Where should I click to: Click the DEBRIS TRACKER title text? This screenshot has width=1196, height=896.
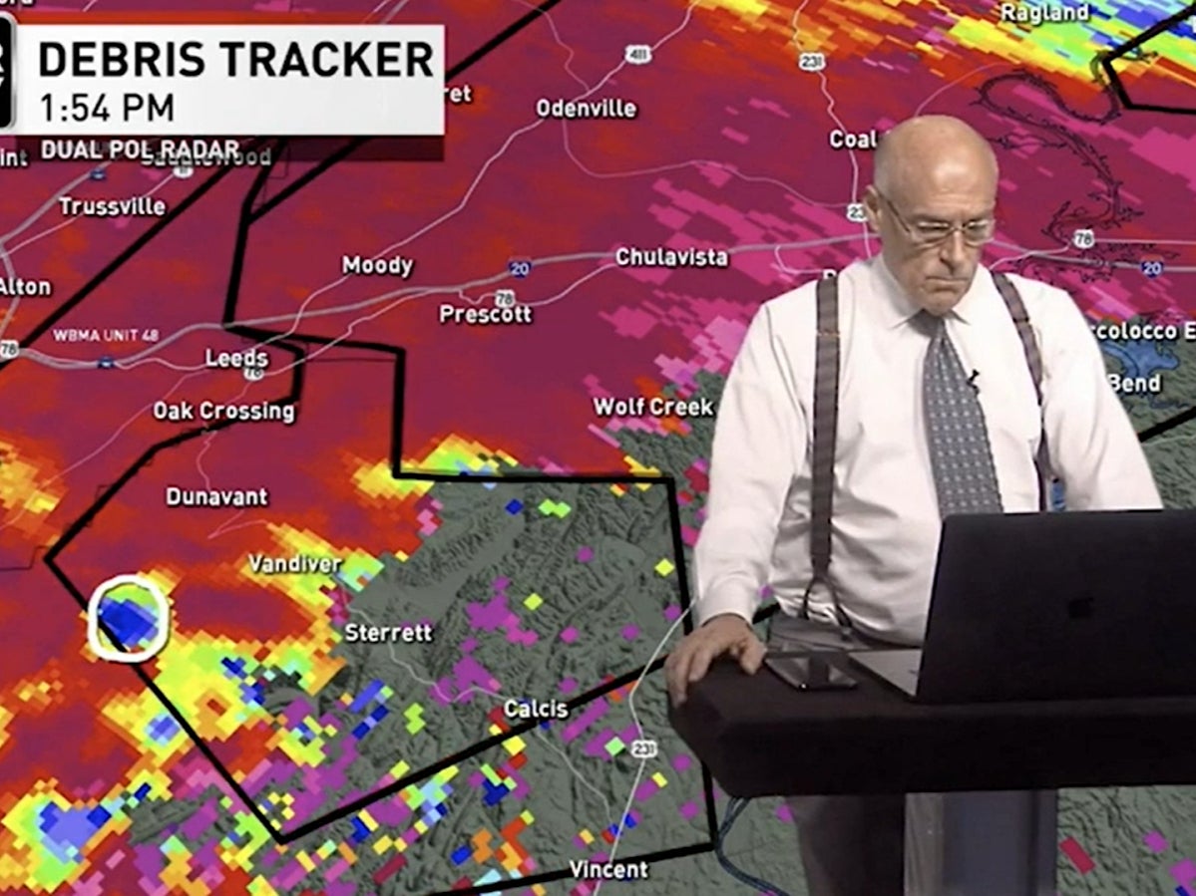pyautogui.click(x=235, y=60)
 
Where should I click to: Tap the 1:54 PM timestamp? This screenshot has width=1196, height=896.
pyautogui.click(x=107, y=107)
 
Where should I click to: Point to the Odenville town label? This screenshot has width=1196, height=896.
pyautogui.click(x=586, y=109)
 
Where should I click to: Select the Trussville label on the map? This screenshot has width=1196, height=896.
pyautogui.click(x=112, y=206)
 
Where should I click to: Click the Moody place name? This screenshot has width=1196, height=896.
pyautogui.click(x=377, y=265)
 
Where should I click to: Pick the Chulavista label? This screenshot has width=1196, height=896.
pyautogui.click(x=671, y=257)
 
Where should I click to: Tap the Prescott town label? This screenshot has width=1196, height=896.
pyautogui.click(x=486, y=314)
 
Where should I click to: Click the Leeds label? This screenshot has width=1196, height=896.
pyautogui.click(x=236, y=358)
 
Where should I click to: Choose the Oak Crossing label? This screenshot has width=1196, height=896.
pyautogui.click(x=223, y=411)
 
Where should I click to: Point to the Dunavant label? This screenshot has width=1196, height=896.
pyautogui.click(x=216, y=495)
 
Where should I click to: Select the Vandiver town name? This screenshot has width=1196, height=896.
pyautogui.click(x=294, y=564)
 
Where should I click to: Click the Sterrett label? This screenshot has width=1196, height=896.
pyautogui.click(x=388, y=632)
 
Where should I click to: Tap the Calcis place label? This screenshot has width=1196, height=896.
pyautogui.click(x=536, y=709)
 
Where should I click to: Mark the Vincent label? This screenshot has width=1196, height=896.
pyautogui.click(x=608, y=869)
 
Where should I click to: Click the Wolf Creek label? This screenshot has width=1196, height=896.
pyautogui.click(x=653, y=407)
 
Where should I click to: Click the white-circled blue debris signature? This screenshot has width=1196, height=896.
pyautogui.click(x=129, y=618)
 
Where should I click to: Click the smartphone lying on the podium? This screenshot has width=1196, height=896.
pyautogui.click(x=809, y=671)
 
